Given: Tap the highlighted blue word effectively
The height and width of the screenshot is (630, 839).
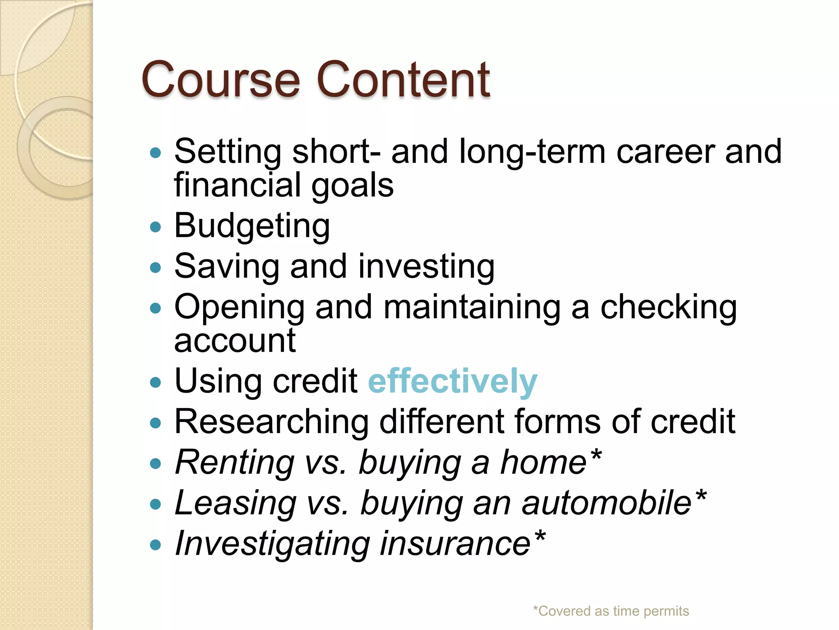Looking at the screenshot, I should tap(452, 381).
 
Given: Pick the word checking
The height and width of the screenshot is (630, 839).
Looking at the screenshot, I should tap(668, 308).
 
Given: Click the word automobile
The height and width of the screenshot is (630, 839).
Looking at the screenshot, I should tap(606, 503).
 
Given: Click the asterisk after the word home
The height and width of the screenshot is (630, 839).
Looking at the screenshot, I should tap(596, 454).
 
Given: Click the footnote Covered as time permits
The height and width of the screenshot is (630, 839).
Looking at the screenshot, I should tap(611, 611).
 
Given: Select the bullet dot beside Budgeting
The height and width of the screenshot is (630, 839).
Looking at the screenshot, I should tap(156, 227).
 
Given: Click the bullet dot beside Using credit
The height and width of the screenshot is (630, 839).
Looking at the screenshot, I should tap(156, 382).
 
